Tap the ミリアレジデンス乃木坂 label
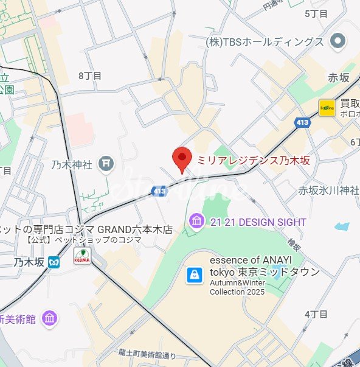[x=253, y=161]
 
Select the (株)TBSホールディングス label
[x=265, y=42]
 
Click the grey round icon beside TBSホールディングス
[x=337, y=41]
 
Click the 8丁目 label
[x=90, y=75]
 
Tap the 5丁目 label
[x=316, y=13]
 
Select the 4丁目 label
[x=316, y=314]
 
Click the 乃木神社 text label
[x=72, y=164]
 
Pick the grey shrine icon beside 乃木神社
[x=106, y=163]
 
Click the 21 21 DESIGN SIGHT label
[x=258, y=222]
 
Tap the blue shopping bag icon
[x=194, y=274]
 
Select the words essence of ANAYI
[x=263, y=260]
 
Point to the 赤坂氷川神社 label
[x=329, y=190]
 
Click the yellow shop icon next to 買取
[x=327, y=108]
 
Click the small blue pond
[x=342, y=227]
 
